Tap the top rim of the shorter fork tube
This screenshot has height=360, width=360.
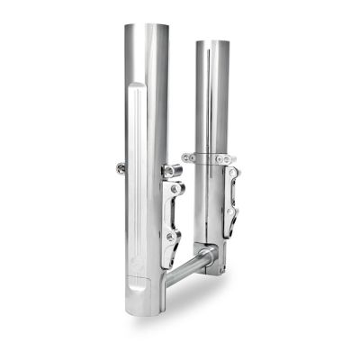211,40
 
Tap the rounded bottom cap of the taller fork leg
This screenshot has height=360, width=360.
142,305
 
